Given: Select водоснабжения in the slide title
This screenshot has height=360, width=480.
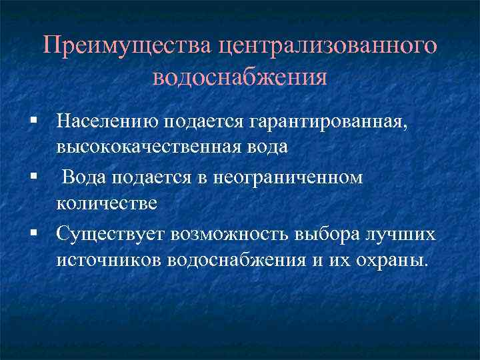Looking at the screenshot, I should [240, 77].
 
